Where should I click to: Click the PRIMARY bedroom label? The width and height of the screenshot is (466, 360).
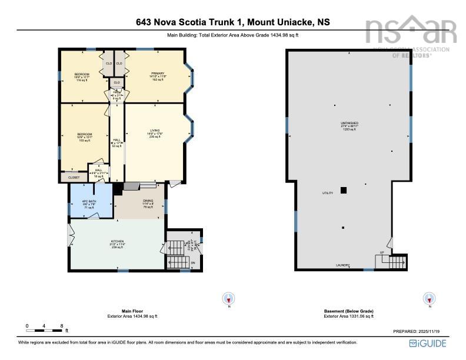point(158,74)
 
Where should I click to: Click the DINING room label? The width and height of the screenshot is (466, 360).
point(148,201)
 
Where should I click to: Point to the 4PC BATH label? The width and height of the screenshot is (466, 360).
point(88,202)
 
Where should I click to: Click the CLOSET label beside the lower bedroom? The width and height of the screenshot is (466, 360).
point(74,176)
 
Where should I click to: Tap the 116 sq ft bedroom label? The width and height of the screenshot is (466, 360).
point(81,75)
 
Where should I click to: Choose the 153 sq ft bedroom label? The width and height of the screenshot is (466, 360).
point(84,135)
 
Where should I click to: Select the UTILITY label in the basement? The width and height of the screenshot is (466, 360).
point(327,193)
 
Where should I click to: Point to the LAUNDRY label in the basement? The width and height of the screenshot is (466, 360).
point(343,265)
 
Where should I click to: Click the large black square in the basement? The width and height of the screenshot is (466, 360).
point(344,190)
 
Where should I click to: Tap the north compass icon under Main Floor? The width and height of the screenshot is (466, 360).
point(229,298)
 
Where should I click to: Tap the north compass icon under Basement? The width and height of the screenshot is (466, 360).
point(430,298)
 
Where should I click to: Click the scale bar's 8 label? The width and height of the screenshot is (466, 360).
point(61,325)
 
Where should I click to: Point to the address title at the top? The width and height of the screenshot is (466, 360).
point(233,22)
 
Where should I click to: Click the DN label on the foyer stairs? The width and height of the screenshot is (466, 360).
point(192,263)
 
